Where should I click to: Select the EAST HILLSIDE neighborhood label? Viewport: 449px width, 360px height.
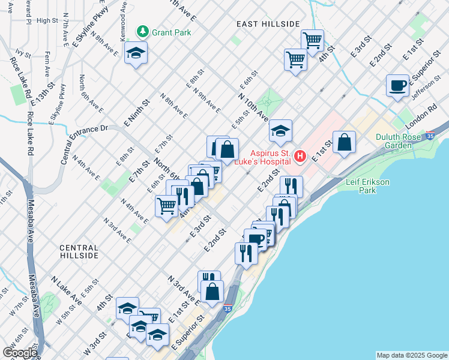(268, 23)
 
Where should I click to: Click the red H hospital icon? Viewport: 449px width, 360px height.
(300, 157)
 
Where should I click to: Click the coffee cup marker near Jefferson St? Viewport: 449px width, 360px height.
(397, 85)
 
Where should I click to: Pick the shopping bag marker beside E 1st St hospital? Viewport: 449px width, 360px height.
(344, 142)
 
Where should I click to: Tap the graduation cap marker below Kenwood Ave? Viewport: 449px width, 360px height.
(136, 53)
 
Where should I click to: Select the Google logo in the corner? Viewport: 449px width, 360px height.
(20, 353)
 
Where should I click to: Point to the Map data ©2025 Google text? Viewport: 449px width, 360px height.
(411, 355)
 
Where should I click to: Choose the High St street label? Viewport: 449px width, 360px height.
(47, 20)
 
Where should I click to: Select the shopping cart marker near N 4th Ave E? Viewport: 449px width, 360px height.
(167, 206)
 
